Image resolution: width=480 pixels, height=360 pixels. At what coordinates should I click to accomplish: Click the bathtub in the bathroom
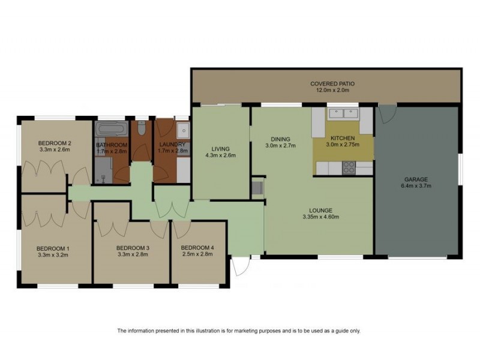110,129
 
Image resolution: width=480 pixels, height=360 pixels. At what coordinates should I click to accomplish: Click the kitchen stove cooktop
348,169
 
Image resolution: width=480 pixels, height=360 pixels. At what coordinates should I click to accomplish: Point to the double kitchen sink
343,113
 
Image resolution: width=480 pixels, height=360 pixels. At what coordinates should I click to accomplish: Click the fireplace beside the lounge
258,188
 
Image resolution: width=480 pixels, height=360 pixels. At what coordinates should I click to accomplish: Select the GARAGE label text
416,179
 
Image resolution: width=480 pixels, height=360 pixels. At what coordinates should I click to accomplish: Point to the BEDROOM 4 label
197,248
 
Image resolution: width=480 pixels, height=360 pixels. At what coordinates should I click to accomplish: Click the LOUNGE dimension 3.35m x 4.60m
320,217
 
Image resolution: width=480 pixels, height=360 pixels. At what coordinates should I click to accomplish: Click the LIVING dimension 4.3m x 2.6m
220,155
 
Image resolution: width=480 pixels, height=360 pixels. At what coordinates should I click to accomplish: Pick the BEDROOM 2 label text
55,143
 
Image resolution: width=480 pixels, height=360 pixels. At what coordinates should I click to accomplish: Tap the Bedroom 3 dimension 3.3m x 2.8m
132,254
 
